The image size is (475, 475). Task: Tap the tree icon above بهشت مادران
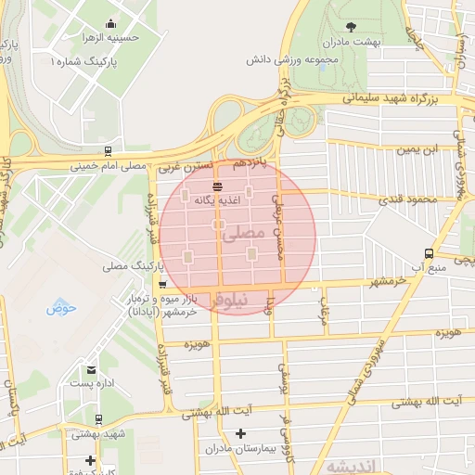click(350, 26)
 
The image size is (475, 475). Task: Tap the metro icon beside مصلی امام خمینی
click(109, 150)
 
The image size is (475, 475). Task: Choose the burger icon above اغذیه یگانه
click(216, 185)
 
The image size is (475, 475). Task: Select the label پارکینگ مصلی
click(129, 266)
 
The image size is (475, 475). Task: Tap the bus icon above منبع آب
click(428, 252)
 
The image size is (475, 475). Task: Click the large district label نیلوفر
click(230, 302)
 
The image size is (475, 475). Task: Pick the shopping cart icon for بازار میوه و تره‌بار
click(163, 286)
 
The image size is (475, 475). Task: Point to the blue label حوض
click(60, 306)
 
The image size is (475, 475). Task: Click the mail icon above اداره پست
click(90, 369)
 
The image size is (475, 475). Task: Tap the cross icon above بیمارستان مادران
click(240, 433)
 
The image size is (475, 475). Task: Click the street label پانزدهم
click(250, 162)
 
